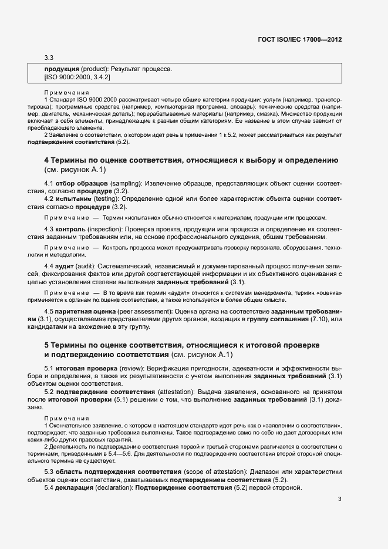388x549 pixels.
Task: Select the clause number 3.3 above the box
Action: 49,58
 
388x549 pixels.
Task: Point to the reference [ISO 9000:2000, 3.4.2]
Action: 77,78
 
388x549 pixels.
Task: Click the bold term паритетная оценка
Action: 86,311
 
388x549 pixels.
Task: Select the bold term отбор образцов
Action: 74,184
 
